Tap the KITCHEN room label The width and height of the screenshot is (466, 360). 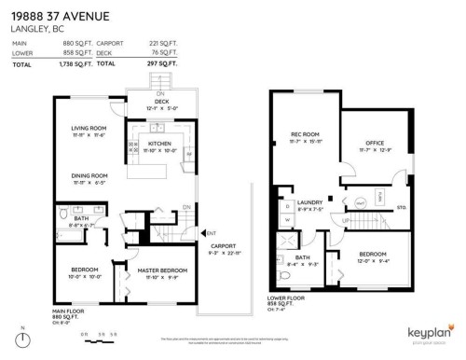tap(158, 143)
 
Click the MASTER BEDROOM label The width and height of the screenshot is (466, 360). tap(162, 270)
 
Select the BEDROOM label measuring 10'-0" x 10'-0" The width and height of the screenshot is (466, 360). tap(84, 270)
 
